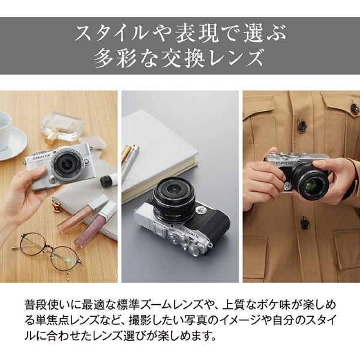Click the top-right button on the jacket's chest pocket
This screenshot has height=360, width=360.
pos(354,109)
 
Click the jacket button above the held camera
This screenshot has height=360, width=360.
pos(302,126)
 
